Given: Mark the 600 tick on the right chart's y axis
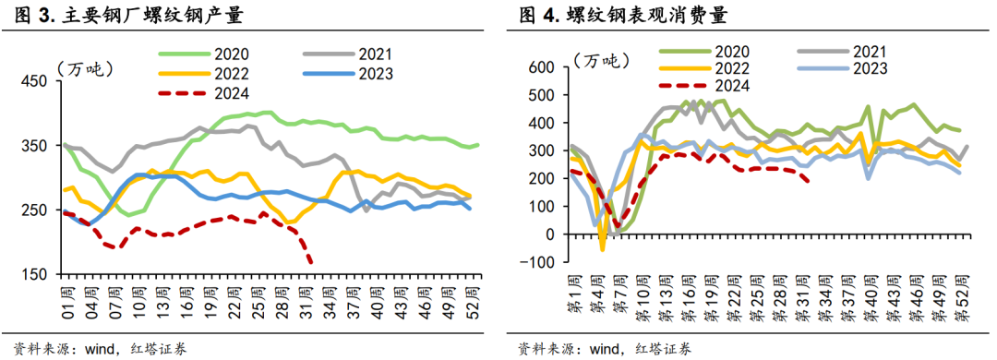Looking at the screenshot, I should [538, 67].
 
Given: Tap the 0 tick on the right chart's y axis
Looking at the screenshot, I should [547, 234].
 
